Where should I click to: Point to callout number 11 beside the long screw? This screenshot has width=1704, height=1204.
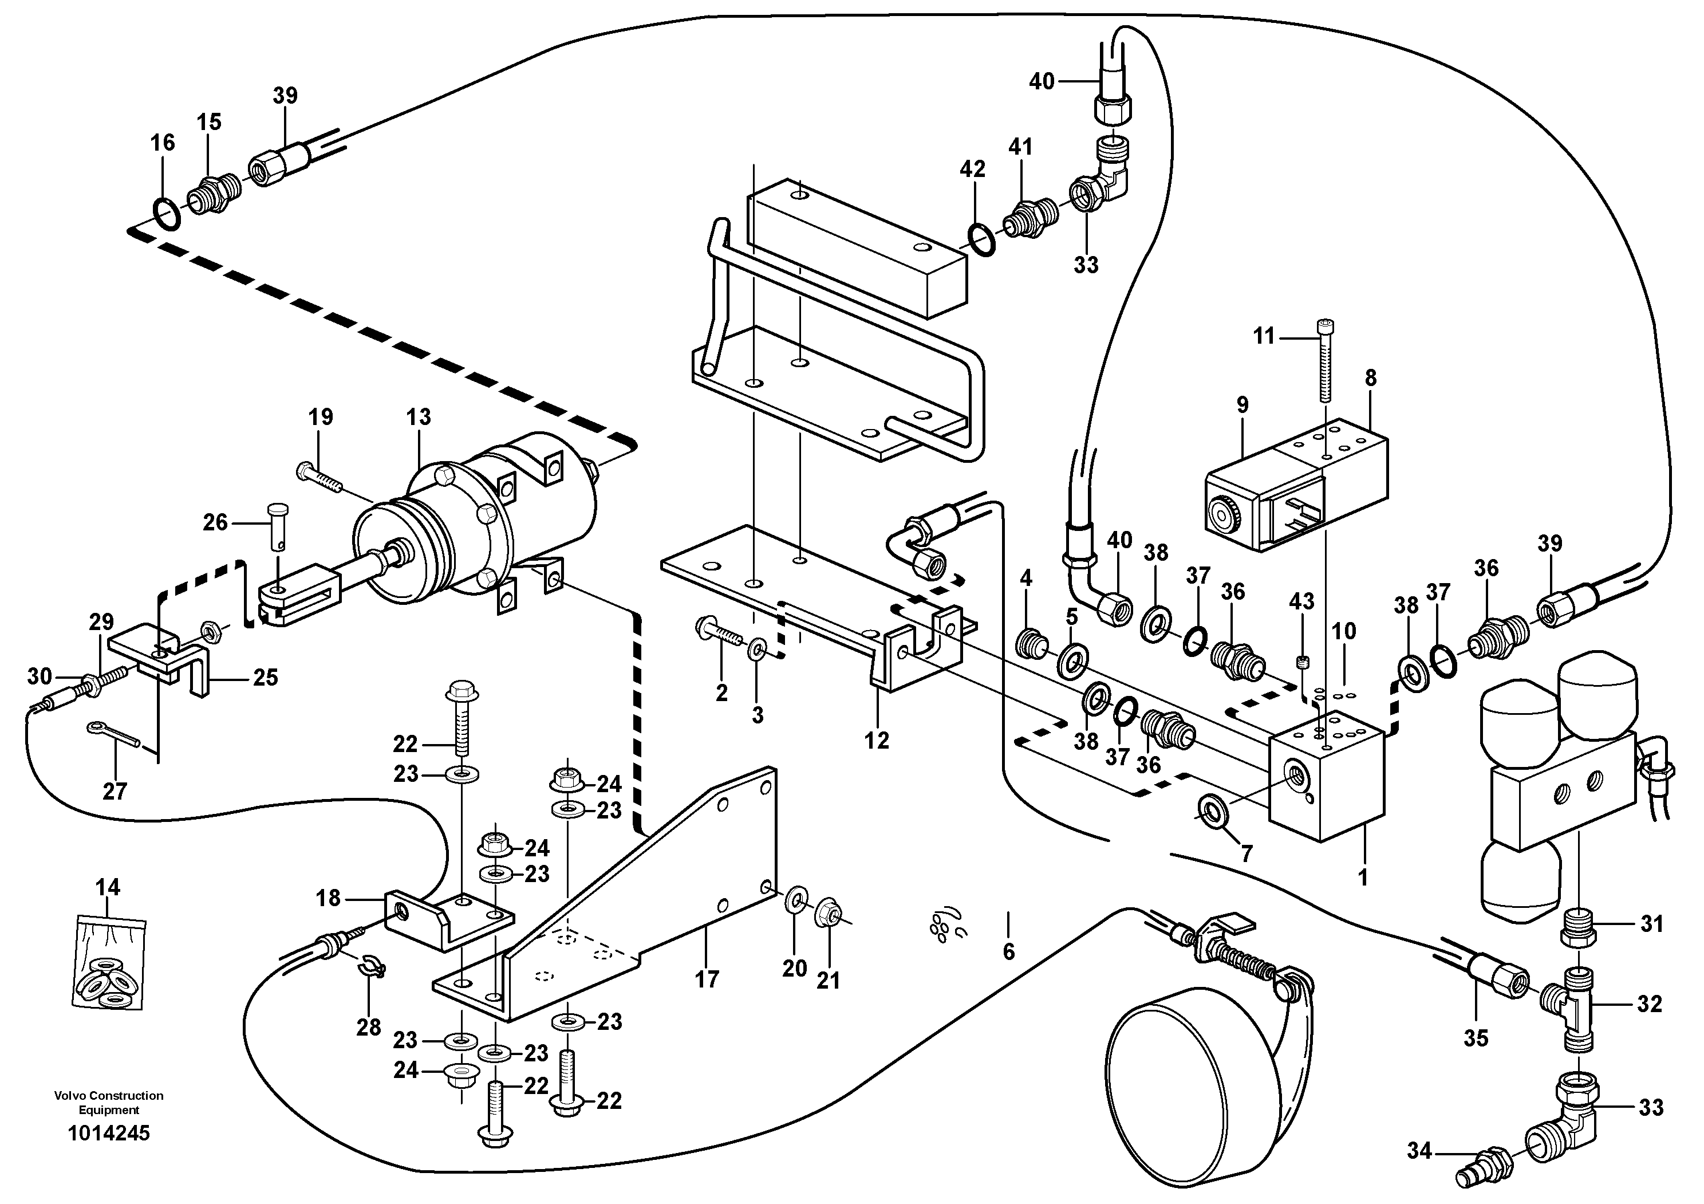coord(1263,336)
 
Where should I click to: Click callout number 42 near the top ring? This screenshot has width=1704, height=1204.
coord(972,169)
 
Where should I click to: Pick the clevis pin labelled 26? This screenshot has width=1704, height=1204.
coord(278,524)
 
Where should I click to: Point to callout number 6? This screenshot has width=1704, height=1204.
coord(1008,951)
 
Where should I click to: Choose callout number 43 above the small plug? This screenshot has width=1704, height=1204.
coord(1301,601)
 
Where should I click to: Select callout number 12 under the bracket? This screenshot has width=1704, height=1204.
coord(877,740)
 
